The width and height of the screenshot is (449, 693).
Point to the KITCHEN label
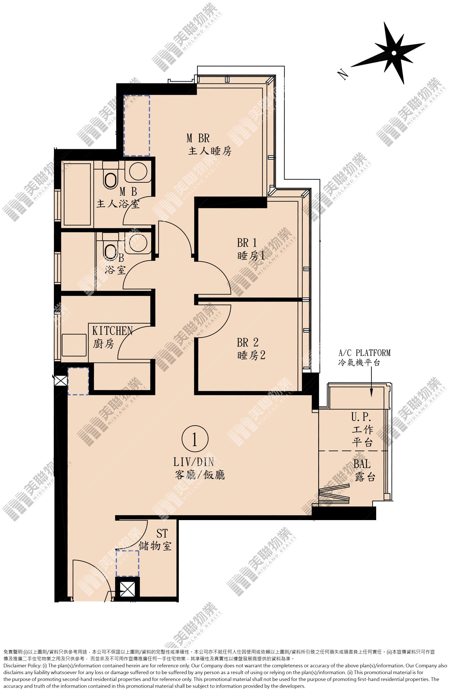tap(112, 331)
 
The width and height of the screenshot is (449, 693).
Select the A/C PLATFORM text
tap(364, 353)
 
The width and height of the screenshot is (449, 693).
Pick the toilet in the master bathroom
tap(110, 175)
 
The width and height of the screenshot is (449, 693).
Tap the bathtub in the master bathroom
tap(77, 194)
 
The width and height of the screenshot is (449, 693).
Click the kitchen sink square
tap(74, 345)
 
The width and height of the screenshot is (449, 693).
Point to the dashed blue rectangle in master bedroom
tap(137, 126)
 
